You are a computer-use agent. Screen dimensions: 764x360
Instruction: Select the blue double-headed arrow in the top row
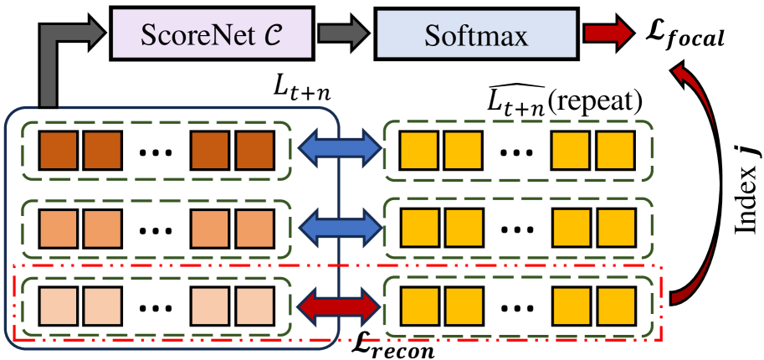339,146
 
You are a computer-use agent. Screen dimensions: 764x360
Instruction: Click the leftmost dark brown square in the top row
58,150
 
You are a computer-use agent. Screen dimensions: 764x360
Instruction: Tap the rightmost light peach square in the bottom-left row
254,306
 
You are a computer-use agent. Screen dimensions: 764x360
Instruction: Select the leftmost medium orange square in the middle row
58,229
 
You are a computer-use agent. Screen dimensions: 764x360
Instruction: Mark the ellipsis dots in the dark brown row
156,153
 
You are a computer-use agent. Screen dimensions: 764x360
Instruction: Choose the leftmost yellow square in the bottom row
419,306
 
